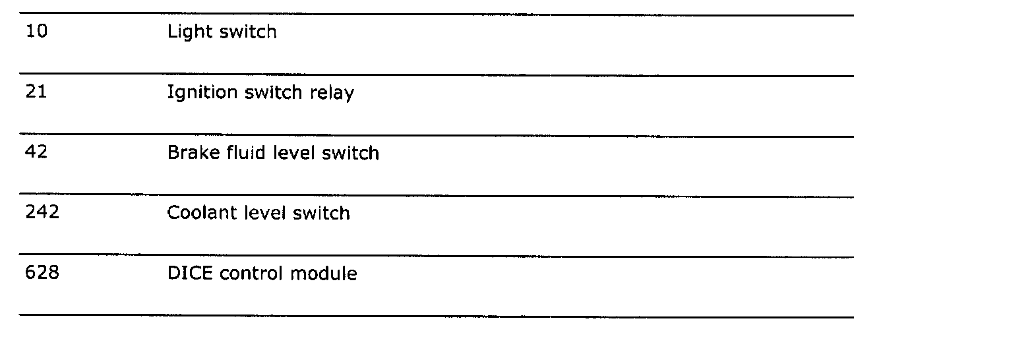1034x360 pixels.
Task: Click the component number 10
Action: [x=36, y=32]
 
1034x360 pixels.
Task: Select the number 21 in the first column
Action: [x=36, y=92]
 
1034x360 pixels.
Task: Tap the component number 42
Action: [x=36, y=153]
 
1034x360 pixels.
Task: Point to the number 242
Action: [x=42, y=213]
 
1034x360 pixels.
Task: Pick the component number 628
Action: [x=42, y=273]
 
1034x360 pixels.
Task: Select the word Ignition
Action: [x=201, y=93]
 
